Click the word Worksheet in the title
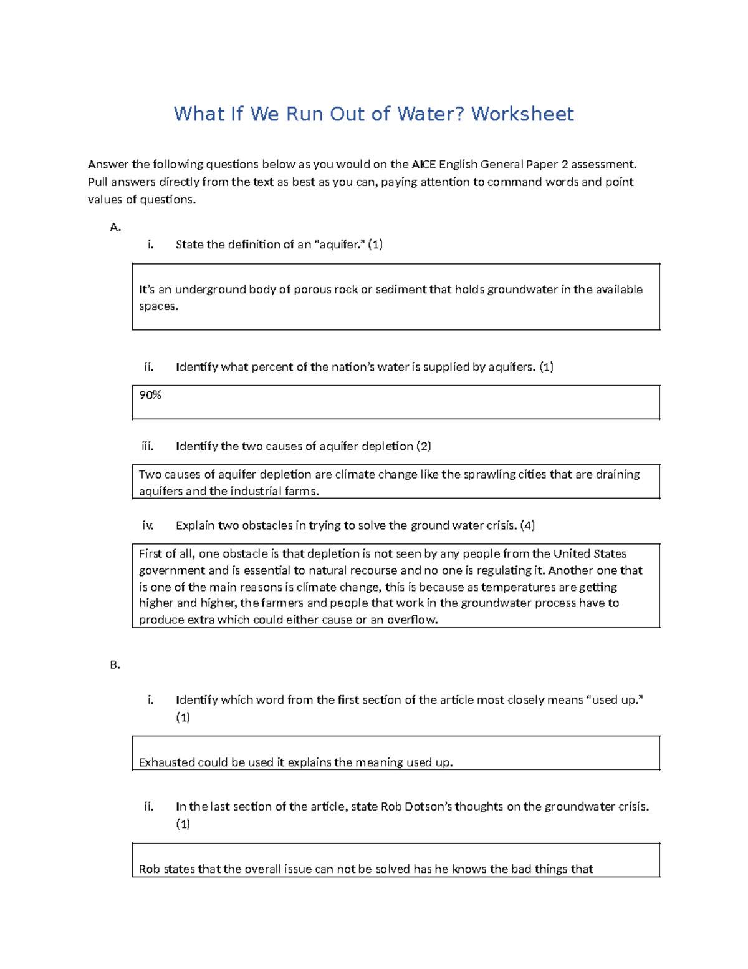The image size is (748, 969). (x=522, y=114)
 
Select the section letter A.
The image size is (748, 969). (x=115, y=227)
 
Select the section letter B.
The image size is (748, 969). (x=115, y=665)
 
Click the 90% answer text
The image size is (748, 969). (x=150, y=395)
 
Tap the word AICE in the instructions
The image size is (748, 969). (x=424, y=165)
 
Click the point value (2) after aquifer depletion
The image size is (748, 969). (x=424, y=446)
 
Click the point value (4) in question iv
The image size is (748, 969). (x=527, y=525)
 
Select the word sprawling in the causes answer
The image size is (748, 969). (x=489, y=475)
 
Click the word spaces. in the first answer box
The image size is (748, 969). (x=158, y=306)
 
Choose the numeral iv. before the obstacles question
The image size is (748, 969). (x=148, y=525)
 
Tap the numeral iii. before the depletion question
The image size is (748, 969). (x=148, y=446)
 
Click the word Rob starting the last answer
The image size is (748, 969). (x=149, y=869)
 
